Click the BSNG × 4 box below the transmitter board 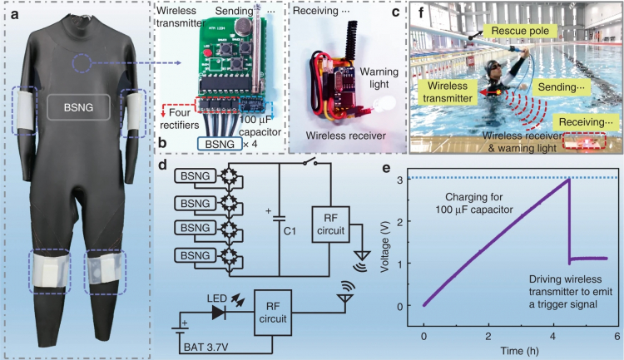click(x=215, y=143)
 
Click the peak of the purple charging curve click(x=567, y=180)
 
